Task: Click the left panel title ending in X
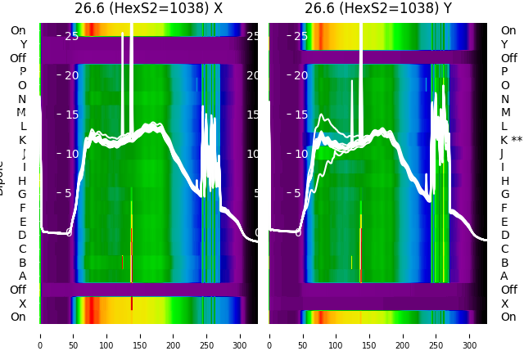[x=148, y=9]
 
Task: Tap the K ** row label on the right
[x=511, y=140]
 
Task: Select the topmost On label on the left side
[x=18, y=30]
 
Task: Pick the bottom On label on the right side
[x=508, y=317]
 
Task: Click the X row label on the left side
[x=23, y=304]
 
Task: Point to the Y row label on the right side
[x=504, y=44]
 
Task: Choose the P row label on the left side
[x=23, y=71]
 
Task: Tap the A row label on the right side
[x=504, y=276]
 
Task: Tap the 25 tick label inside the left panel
[x=71, y=36]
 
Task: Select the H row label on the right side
[x=504, y=181]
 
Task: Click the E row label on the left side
[x=23, y=222]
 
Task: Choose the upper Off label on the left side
[x=18, y=58]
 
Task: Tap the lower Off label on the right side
[x=508, y=290]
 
